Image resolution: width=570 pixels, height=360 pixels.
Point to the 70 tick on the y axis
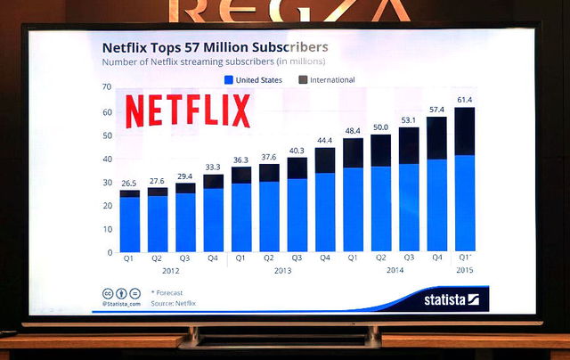[108, 87]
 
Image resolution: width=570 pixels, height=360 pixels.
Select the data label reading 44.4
[324, 141]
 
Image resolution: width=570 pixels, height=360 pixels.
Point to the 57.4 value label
[436, 110]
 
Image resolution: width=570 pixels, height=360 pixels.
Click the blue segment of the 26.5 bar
[130, 224]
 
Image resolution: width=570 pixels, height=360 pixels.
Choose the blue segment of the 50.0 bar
[380, 209]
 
